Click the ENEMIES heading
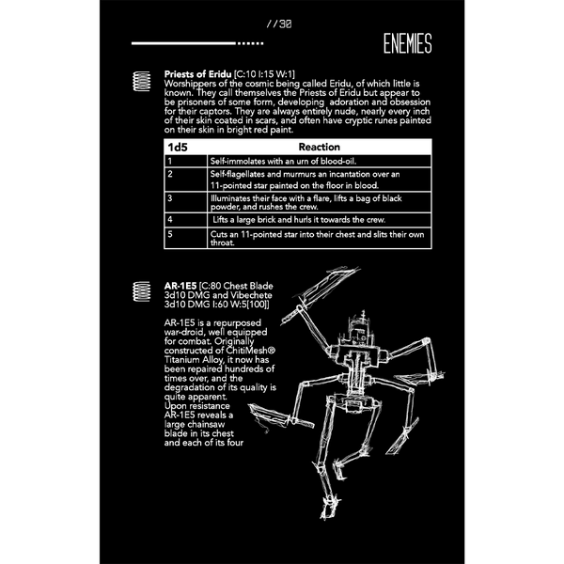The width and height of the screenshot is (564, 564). click(407, 43)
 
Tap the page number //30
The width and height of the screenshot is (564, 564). click(279, 24)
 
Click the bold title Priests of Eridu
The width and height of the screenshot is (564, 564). click(197, 74)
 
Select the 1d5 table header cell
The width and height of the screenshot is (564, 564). click(185, 148)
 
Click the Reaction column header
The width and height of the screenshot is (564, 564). click(319, 147)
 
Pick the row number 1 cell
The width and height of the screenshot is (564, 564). click(185, 161)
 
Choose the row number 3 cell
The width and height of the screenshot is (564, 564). click(185, 202)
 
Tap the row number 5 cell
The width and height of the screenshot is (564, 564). click(185, 238)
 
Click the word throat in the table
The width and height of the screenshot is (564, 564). click(222, 243)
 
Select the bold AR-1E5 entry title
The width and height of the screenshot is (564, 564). click(180, 286)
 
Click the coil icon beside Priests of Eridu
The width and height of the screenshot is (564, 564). click(141, 81)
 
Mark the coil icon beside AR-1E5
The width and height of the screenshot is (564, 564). click(141, 291)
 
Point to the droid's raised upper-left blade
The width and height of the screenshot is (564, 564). click(321, 294)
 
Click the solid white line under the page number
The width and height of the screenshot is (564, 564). click(184, 43)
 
